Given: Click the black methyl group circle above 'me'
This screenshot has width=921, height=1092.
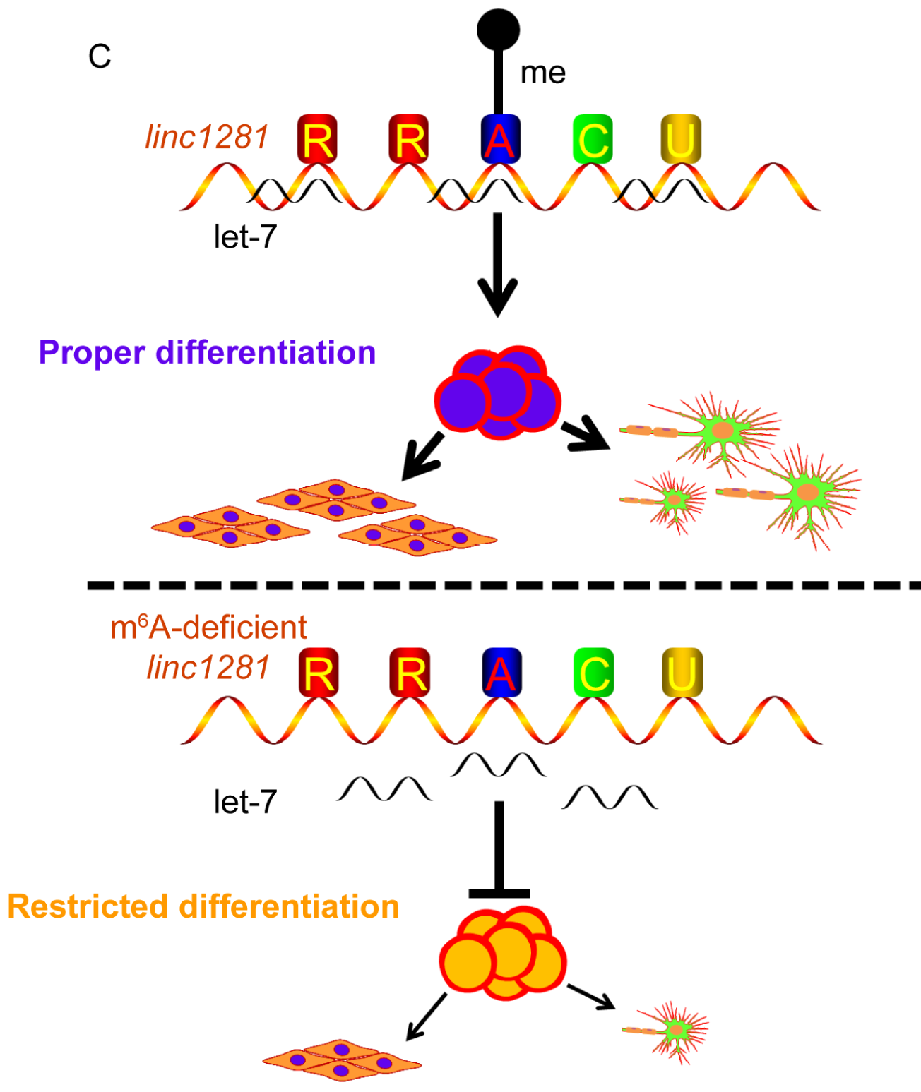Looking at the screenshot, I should pos(498,30).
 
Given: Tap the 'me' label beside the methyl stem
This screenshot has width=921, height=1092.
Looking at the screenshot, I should pos(542,73).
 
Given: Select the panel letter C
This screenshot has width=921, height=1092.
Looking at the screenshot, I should pos(100,56).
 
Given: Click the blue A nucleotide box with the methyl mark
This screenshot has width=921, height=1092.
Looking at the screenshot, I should pos(500,139).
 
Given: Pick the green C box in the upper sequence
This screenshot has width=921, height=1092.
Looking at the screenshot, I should pos(593,139).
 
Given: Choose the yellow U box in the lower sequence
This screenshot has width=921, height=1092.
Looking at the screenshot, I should pos(682,672).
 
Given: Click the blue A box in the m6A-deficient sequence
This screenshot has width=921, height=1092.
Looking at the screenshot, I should pos(501,672).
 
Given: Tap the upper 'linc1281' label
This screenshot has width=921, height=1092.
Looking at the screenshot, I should pos(207,137).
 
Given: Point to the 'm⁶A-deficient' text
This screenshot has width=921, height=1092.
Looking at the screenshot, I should pos(208,627).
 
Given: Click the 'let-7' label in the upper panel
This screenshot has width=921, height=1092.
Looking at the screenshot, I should pos(245,237).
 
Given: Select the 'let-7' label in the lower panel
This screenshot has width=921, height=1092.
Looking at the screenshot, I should pos(245,802).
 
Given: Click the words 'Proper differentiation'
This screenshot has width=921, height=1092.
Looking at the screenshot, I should pos(207,352).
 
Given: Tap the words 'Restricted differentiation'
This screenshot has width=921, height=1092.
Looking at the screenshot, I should pos(203,906).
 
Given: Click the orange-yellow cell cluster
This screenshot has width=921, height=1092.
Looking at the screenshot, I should pos(503,954).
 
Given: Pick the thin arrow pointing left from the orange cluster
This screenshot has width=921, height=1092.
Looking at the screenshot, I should pos(426,1017).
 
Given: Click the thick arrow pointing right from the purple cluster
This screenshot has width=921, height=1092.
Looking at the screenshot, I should pos(586,436).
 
